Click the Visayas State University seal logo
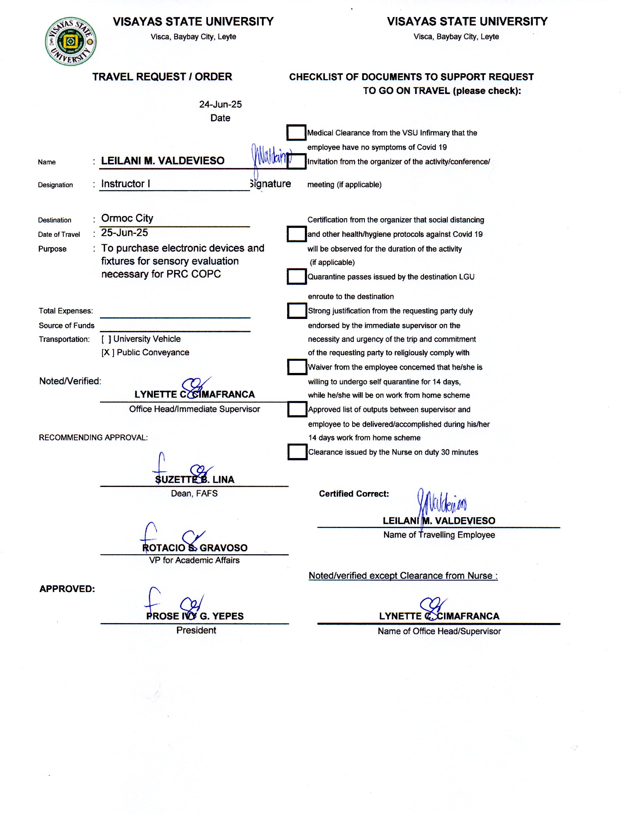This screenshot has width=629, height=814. pos(70,41)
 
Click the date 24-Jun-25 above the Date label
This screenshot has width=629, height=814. pos(220,104)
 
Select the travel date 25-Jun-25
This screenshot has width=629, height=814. pos(124,233)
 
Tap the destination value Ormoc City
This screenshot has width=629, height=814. pos(127,218)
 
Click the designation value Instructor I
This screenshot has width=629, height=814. pos(125,184)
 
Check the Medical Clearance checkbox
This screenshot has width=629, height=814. pos(296,132)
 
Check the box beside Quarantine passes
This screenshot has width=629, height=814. pos(297,276)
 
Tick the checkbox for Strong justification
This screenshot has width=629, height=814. pos(297,310)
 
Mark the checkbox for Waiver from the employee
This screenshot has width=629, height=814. pos(297,367)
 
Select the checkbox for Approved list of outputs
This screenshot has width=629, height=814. pos(297,409)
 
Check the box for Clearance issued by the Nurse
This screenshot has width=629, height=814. pos(297,452)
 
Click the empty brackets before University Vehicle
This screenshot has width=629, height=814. pos(106,339)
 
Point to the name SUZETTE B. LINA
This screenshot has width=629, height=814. pos(195,480)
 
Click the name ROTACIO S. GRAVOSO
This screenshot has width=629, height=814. pos(195,548)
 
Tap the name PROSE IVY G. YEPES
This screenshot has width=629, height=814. pos(195,616)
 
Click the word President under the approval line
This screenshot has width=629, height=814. pos(196,630)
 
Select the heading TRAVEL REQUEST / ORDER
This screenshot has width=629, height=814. pos(162,77)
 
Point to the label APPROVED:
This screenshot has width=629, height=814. pos(67,589)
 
